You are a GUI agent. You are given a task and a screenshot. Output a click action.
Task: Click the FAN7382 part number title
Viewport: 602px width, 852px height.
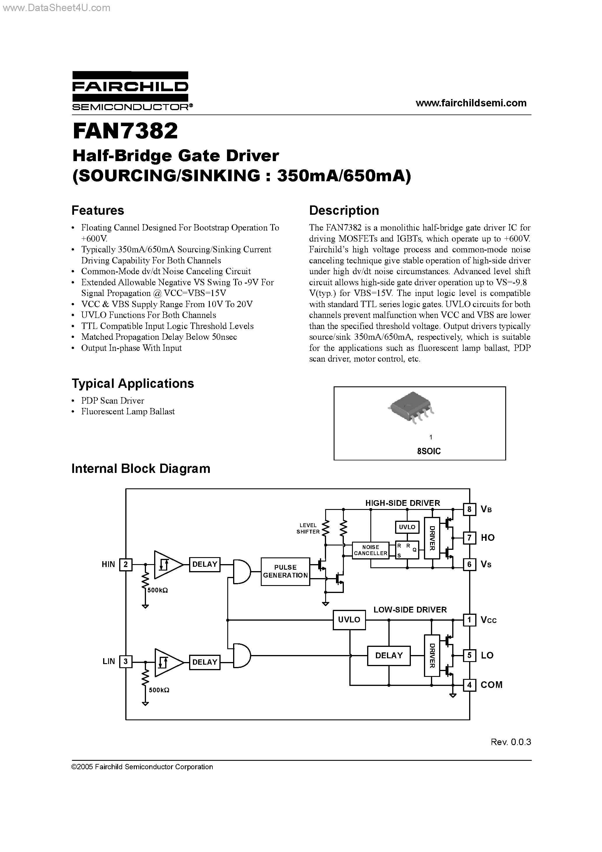(126, 131)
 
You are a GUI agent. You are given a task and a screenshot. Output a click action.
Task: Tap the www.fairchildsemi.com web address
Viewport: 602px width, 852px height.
(471, 103)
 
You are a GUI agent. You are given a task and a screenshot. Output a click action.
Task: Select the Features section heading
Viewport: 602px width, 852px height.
(98, 210)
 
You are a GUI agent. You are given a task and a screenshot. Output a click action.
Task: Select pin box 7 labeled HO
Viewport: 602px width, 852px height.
(469, 537)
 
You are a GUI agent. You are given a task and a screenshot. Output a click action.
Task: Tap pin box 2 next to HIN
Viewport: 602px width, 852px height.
(126, 564)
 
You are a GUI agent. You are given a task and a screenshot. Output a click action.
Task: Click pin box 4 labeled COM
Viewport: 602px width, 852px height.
(469, 685)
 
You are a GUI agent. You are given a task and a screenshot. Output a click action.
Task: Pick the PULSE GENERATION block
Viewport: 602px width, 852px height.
(285, 571)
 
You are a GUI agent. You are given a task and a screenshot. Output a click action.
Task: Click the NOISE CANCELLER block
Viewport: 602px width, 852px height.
(370, 550)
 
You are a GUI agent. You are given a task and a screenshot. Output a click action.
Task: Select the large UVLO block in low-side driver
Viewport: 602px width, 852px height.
(349, 619)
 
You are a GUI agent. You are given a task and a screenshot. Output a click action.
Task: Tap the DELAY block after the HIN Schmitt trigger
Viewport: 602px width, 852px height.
(205, 564)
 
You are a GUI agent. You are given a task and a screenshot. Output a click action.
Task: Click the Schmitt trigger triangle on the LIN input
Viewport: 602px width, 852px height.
(167, 662)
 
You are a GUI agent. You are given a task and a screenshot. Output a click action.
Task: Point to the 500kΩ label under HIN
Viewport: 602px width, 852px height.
(158, 590)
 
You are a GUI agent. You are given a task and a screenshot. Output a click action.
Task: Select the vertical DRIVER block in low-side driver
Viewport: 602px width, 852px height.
(432, 655)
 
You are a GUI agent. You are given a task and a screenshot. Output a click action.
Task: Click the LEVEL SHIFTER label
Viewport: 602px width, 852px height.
(308, 528)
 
